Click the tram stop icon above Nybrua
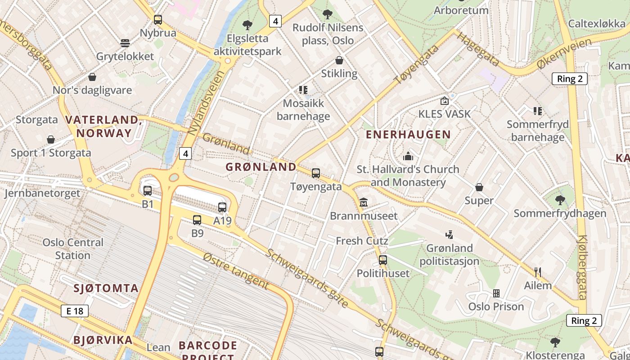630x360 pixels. pyautogui.click(x=157, y=20)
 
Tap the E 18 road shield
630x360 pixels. pyautogui.click(x=75, y=311)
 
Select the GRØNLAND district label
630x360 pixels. pyautogui.click(x=261, y=167)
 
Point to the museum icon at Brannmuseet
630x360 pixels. pyautogui.click(x=364, y=203)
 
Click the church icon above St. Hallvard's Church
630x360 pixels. pyautogui.click(x=408, y=156)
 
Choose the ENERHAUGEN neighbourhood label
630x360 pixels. pyautogui.click(x=408, y=135)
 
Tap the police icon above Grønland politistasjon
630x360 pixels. pyautogui.click(x=449, y=234)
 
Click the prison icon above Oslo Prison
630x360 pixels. pyautogui.click(x=496, y=293)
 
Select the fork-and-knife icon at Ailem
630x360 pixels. pyautogui.click(x=538, y=272)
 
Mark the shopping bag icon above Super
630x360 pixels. pyautogui.click(x=479, y=187)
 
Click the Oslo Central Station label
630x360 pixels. pyautogui.click(x=73, y=249)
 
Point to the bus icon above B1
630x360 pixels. pyautogui.click(x=148, y=191)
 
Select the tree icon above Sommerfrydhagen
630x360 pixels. pyautogui.click(x=560, y=200)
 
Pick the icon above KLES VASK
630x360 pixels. pyautogui.click(x=445, y=101)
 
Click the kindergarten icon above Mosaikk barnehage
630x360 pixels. pyautogui.click(x=303, y=90)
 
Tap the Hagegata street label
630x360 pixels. pyautogui.click(x=478, y=49)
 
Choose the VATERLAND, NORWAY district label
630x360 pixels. pyautogui.click(x=104, y=126)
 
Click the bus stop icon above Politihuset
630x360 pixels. pyautogui.click(x=383, y=260)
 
